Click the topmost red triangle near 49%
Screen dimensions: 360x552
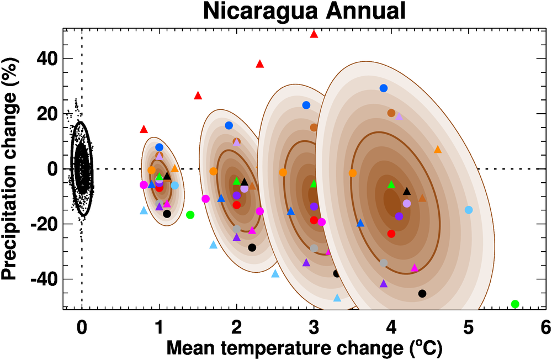314,34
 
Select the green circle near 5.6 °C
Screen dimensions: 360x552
515,304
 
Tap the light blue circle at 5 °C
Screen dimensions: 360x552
469,210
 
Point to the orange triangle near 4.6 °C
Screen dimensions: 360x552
438,150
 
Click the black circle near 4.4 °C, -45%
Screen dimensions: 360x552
422,293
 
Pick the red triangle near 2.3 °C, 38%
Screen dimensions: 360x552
260,64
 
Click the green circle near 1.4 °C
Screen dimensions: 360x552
190,215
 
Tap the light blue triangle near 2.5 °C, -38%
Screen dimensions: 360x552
275,274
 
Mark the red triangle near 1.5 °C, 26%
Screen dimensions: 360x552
198,96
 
